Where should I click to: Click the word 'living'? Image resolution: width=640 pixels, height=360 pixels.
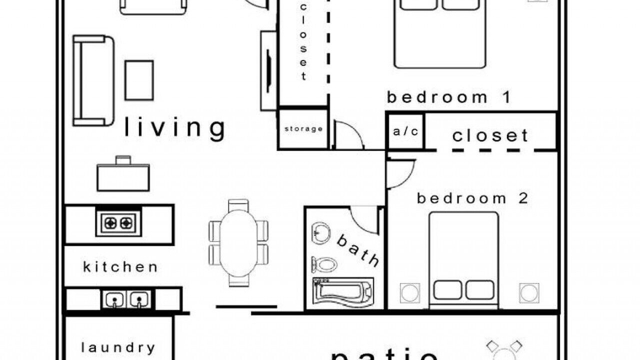pyautogui.click(x=175, y=128)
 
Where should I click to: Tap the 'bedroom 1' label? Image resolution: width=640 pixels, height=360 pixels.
pyautogui.click(x=448, y=97)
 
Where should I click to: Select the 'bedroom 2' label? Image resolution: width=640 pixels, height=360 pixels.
pyautogui.click(x=472, y=198)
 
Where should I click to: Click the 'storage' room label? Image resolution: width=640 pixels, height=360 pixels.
pyautogui.click(x=303, y=129)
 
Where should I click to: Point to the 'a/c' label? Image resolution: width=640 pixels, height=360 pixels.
pyautogui.click(x=405, y=131)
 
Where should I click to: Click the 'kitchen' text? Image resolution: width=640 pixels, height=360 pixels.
pyautogui.click(x=120, y=267)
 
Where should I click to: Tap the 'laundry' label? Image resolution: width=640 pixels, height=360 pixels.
pyautogui.click(x=118, y=347)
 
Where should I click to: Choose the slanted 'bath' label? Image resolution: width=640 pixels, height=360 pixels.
pyautogui.click(x=357, y=250)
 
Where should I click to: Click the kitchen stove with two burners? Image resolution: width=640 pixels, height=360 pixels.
pyautogui.click(x=118, y=223)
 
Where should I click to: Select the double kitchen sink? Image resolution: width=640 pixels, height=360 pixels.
pyautogui.click(x=127, y=299)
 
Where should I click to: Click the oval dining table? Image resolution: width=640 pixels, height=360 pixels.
pyautogui.click(x=238, y=243)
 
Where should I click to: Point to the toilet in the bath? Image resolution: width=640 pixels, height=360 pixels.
pyautogui.click(x=324, y=264)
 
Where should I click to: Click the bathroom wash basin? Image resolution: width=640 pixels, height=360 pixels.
pyautogui.click(x=320, y=233)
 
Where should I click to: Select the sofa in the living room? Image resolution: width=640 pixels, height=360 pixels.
pyautogui.click(x=93, y=80)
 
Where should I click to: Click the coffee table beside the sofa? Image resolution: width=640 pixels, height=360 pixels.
pyautogui.click(x=139, y=80)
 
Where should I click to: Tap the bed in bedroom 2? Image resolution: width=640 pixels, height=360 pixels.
pyautogui.click(x=463, y=260)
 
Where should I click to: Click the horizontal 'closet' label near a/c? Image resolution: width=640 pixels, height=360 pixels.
pyautogui.click(x=490, y=135)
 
